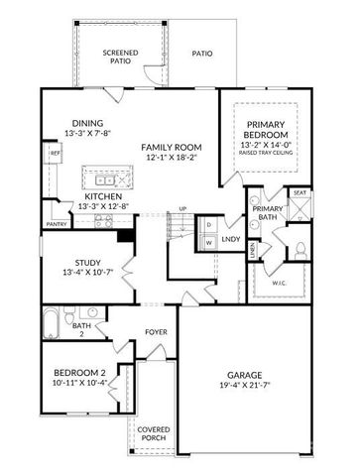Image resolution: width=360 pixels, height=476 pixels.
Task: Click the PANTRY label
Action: (56, 224)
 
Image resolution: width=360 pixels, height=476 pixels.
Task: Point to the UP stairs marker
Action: (181, 209)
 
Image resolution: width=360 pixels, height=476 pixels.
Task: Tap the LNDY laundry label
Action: (231, 239)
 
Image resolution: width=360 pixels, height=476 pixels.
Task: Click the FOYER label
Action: (155, 332)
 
